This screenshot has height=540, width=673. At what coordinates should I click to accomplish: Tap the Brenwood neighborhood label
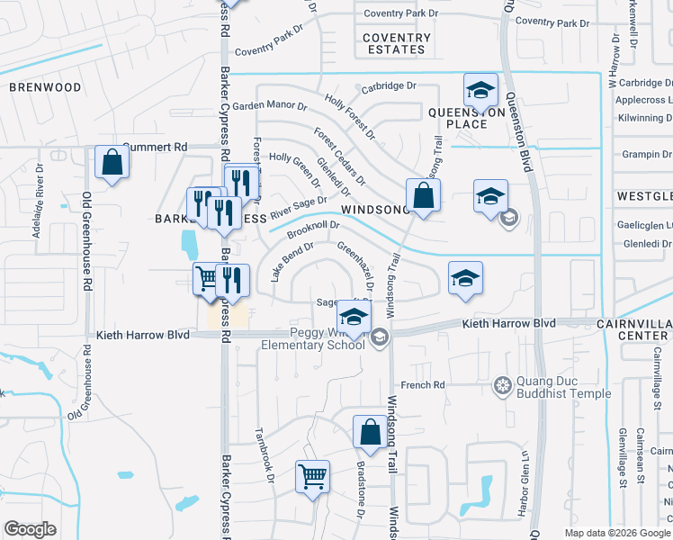[x=45, y=87]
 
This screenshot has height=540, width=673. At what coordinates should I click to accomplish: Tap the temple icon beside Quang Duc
[x=503, y=386]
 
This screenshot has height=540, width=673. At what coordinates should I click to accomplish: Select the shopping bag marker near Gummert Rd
[x=112, y=163]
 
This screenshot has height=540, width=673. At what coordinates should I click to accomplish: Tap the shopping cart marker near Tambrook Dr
[x=312, y=476]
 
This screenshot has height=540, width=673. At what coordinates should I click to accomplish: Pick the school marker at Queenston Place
[x=481, y=90]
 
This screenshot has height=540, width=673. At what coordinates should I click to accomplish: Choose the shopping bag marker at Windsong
[x=423, y=194]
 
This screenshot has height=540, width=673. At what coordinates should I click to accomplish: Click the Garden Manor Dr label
[x=270, y=105]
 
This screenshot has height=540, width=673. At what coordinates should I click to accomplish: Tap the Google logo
[x=30, y=528]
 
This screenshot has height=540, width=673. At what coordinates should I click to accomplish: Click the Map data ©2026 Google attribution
[x=616, y=533]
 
